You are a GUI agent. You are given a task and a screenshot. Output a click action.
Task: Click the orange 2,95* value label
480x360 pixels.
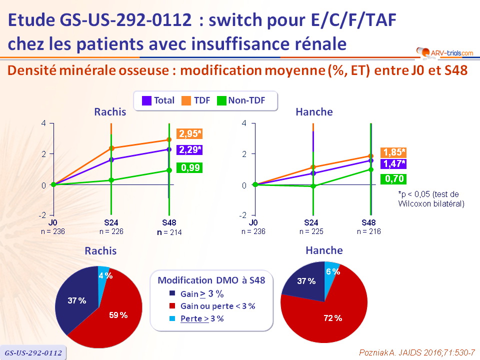click(189, 133)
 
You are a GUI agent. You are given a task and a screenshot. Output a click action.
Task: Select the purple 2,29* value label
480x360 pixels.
click(189, 149)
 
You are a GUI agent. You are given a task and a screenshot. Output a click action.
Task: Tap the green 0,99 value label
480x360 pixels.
click(189, 168)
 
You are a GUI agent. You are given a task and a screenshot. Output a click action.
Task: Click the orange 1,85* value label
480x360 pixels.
click(394, 152)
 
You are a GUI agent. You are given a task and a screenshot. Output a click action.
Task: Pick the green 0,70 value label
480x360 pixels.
click(393, 179)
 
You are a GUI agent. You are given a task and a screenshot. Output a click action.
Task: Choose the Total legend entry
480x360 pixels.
click(159, 100)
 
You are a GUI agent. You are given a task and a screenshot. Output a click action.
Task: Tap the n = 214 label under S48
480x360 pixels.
click(168, 232)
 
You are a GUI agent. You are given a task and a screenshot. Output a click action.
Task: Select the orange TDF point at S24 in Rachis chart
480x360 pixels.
click(111, 148)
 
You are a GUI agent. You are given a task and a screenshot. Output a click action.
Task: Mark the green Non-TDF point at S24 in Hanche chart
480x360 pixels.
click(313, 186)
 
